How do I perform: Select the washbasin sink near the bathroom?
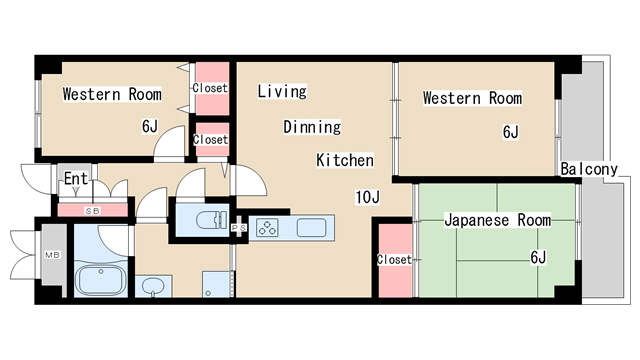tap(152, 287)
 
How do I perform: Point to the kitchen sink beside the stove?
tap(311, 227)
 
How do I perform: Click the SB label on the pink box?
tap(92, 211)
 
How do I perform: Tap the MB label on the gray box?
tap(51, 255)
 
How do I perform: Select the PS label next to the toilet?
tap(240, 228)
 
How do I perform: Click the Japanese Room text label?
tap(497, 219)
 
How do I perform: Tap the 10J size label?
tap(367, 197)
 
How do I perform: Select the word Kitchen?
tap(345, 160)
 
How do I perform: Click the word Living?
tap(281, 92)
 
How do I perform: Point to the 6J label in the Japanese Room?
tap(538, 258)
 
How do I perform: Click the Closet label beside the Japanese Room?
tap(394, 260)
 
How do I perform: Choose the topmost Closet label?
tap(210, 88)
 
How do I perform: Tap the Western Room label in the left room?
tap(112, 95)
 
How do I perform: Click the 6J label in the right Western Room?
tap(510, 131)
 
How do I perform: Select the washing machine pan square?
tap(215, 285)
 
